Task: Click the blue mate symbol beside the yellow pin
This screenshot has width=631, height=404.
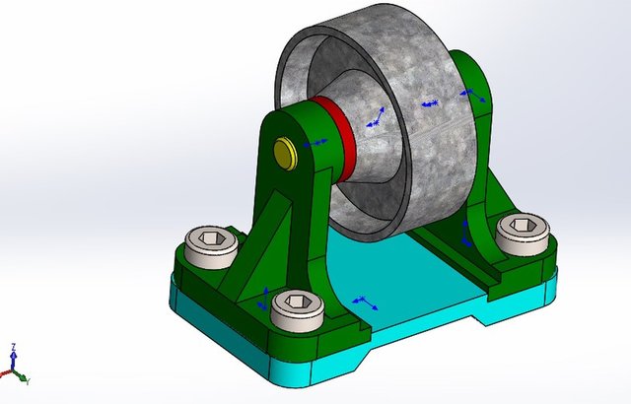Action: coord(315,144)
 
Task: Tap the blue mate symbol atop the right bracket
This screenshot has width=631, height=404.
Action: coord(472,96)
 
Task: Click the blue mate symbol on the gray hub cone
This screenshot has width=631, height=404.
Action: coord(376,118)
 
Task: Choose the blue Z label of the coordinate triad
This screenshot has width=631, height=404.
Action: coord(11,348)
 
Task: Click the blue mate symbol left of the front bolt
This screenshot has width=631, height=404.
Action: coord(265,298)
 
